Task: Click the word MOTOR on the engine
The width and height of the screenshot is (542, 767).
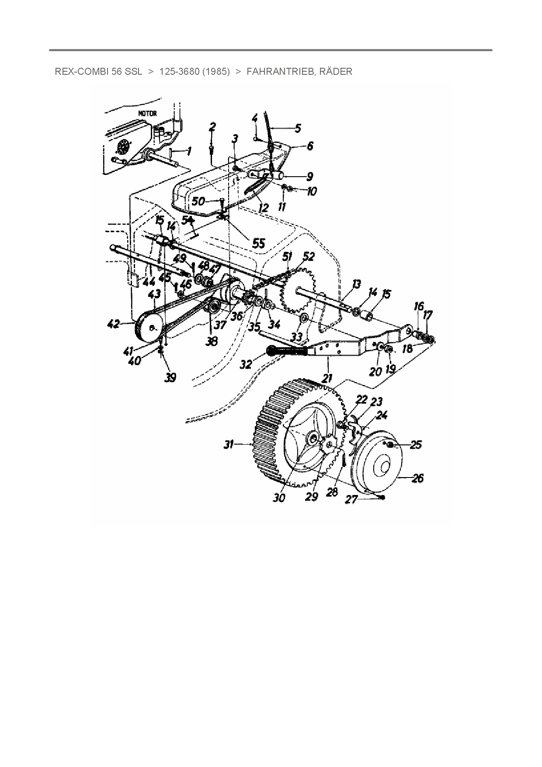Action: point(147,113)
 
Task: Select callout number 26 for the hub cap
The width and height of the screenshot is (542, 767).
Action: point(418,478)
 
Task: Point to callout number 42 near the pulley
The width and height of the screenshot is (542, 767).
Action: point(113,324)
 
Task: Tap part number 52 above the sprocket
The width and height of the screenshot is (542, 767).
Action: point(309,257)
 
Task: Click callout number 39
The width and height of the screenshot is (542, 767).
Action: point(170,377)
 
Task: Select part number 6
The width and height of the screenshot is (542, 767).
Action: point(310,145)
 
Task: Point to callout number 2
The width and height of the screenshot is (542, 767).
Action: point(212,127)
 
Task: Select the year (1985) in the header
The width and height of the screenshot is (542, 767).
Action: point(216,72)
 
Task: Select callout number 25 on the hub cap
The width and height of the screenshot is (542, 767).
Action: point(416,445)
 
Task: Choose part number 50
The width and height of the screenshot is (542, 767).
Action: point(198,201)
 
